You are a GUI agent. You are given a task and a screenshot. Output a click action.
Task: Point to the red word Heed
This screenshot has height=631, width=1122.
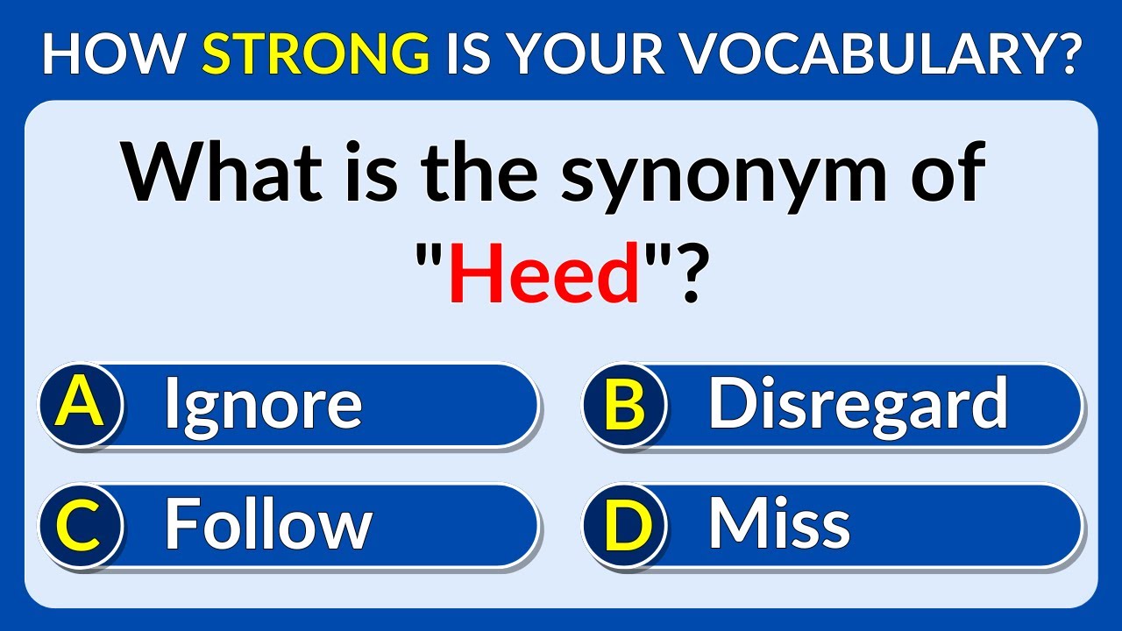(543, 275)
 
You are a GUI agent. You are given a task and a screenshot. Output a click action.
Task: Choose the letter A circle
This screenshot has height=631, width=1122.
(81, 406)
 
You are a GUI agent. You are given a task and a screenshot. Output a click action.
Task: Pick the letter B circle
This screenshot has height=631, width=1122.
(624, 406)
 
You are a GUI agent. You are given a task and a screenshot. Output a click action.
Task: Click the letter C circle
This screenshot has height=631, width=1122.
(81, 526)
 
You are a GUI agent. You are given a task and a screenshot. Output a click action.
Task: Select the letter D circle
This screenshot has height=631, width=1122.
(624, 526)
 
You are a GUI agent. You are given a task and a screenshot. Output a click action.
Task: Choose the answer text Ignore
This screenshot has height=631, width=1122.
(263, 405)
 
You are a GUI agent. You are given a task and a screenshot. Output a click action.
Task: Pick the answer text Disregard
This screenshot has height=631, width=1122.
(857, 405)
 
